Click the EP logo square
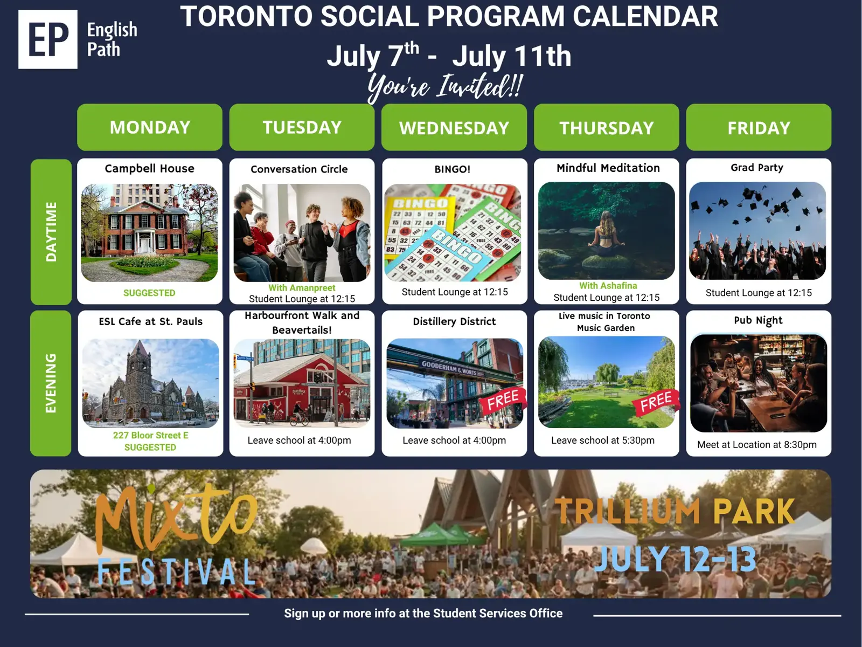tap(47, 39)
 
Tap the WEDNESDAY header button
tap(454, 127)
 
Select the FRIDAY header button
tap(759, 127)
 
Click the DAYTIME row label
tap(51, 232)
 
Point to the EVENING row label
tap(51, 383)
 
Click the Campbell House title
tap(150, 169)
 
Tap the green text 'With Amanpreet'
tap(302, 287)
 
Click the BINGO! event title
tap(453, 169)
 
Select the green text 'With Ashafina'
tap(608, 286)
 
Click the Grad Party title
tap(757, 168)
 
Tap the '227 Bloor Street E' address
tap(150, 435)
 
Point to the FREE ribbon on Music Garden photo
tap(656, 402)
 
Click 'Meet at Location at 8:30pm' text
tap(757, 445)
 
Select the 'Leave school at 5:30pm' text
tap(603, 440)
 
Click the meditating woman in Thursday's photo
tap(606, 235)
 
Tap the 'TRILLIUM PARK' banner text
tap(675, 511)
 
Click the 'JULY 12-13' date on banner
tap(675, 559)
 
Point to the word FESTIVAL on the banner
tap(177, 572)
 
